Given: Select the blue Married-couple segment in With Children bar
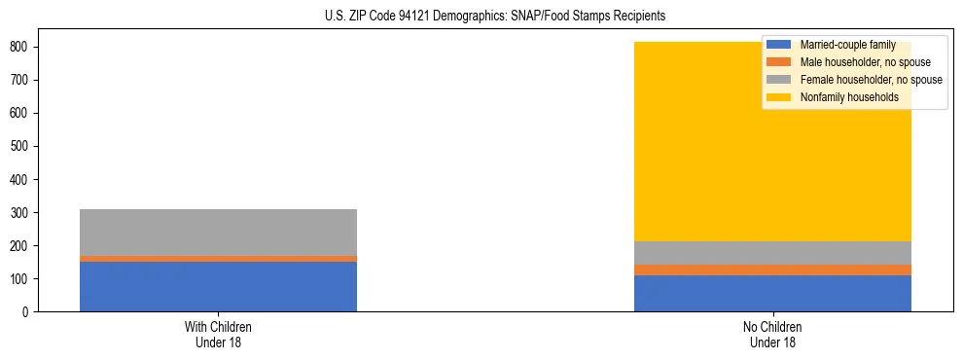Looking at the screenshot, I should [218, 286].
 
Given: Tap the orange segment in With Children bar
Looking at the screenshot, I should [218, 259].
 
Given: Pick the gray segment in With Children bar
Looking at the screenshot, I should [218, 233].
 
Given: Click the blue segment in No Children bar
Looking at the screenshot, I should [772, 293].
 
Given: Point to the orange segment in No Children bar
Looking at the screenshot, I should [772, 270].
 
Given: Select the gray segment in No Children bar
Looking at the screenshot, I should [772, 253].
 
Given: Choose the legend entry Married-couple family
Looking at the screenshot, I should [847, 45].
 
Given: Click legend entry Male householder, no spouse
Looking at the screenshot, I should [865, 62].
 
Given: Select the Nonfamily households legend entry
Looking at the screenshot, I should [849, 97].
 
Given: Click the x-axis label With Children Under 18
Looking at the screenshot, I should [218, 334].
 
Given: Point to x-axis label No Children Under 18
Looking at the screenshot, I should [772, 334].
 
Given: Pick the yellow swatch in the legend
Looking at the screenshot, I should [780, 97].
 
